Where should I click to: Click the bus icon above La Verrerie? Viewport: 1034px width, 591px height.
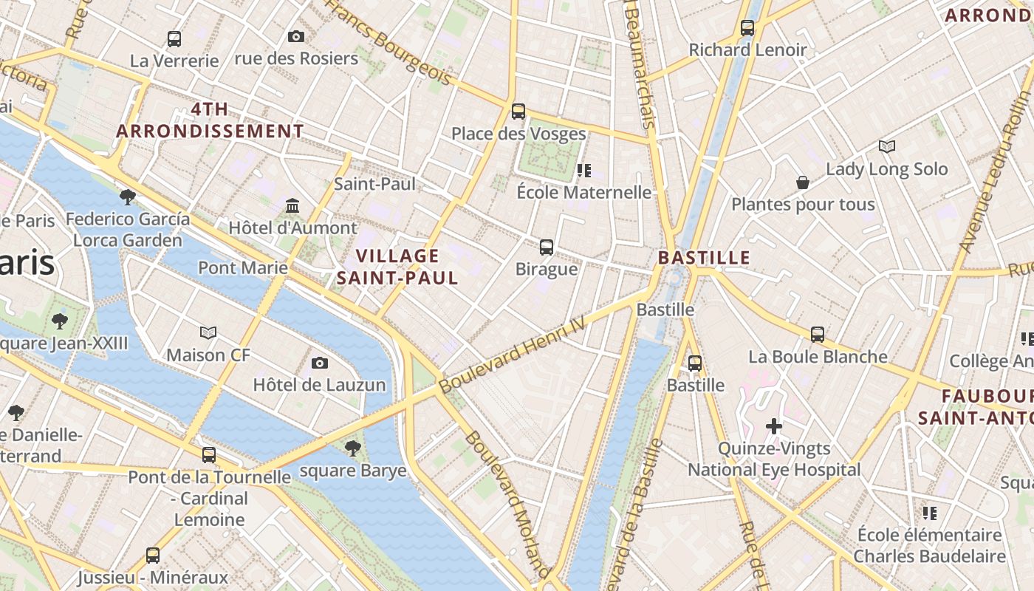[x=174, y=39]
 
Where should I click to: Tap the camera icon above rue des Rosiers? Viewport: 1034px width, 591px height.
[x=296, y=36]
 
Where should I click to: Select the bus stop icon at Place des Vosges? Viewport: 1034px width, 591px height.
[x=518, y=112]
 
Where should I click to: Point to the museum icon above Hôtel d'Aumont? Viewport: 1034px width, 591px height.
[x=292, y=205]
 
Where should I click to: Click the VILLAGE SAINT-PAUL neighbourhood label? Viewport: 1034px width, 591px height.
[x=397, y=267]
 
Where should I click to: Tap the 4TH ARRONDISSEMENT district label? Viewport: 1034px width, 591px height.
[x=210, y=120]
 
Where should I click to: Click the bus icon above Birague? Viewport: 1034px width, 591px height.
[x=547, y=247]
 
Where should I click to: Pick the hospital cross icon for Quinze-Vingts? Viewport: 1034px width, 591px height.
[x=774, y=426]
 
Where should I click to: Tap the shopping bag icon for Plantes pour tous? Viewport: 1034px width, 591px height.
[x=803, y=182]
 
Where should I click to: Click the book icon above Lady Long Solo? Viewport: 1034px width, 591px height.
[x=886, y=147]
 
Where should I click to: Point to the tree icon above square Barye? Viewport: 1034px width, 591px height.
[x=353, y=448]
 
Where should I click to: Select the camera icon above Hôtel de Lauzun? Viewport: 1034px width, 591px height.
[x=320, y=363]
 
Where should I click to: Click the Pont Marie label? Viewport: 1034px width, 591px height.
[x=242, y=267]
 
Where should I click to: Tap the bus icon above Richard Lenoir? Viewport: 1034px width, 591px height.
[x=747, y=28]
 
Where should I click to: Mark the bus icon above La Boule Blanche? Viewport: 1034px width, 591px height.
[x=818, y=334]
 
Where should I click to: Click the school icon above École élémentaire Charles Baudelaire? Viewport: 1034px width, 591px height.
[x=930, y=513]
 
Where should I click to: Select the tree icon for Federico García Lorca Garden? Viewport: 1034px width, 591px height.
[x=128, y=197]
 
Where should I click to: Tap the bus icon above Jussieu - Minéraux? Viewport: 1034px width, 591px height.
[x=153, y=555]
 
